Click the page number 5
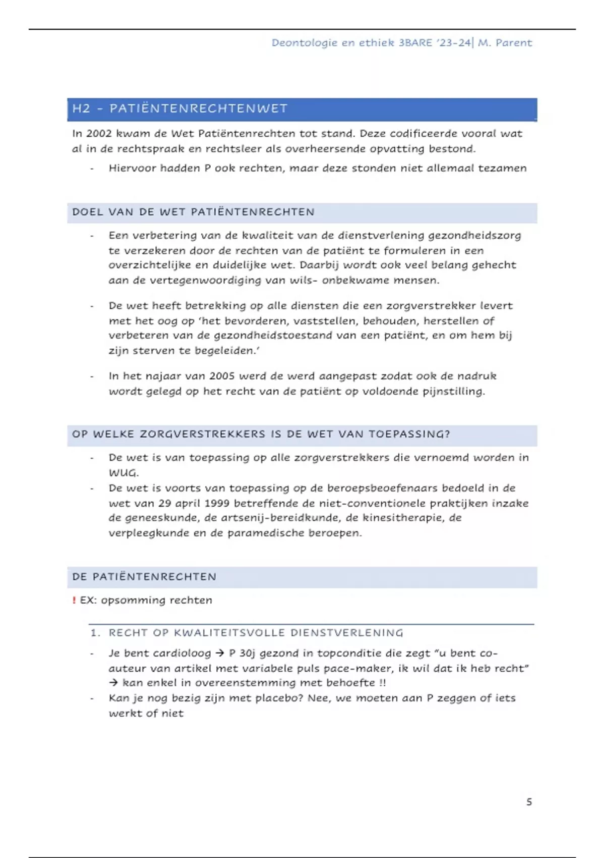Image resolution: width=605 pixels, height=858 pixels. (x=529, y=802)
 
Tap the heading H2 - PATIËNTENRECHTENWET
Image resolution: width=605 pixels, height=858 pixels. (x=180, y=109)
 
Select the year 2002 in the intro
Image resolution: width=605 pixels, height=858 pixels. (x=99, y=134)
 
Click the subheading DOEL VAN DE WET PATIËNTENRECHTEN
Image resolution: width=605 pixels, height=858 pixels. (x=193, y=212)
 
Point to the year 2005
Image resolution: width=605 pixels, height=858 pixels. (x=222, y=376)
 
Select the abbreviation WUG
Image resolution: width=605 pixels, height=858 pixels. (x=123, y=473)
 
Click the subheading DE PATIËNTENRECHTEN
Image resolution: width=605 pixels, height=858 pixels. (x=144, y=577)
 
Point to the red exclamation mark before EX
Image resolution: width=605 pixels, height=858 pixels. (x=74, y=600)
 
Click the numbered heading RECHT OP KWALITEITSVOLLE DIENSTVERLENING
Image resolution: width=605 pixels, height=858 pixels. (x=256, y=633)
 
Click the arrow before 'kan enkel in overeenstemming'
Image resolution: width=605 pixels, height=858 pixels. (x=113, y=683)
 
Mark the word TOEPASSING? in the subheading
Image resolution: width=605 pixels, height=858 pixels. (x=409, y=435)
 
